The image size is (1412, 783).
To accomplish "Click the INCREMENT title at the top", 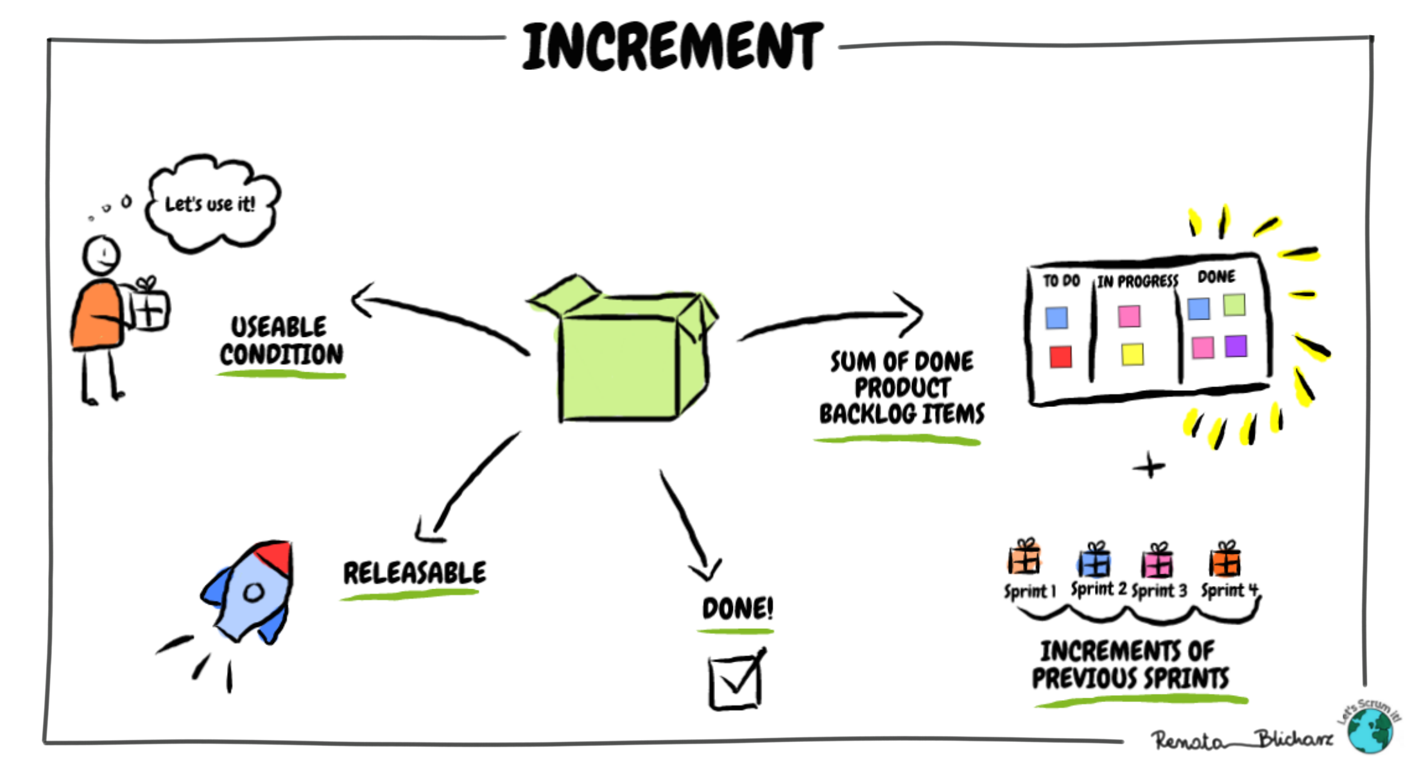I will click(672, 46).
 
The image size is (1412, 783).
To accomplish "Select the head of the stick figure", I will click(101, 255).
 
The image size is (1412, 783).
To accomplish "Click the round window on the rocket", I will click(253, 592).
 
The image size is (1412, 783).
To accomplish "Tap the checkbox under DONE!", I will click(736, 682).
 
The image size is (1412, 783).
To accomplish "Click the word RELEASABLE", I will click(415, 573).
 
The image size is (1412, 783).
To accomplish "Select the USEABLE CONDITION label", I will click(281, 341).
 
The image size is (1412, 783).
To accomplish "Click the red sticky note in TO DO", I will click(1060, 357).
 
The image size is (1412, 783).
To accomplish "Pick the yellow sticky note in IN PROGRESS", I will click(1132, 354).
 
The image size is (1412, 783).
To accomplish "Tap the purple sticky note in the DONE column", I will click(1235, 346).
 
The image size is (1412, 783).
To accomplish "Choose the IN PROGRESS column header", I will click(1137, 282).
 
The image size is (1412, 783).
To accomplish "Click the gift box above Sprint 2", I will click(1094, 560).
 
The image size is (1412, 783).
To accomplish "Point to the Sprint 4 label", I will click(1228, 590).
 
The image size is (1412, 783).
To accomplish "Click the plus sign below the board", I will click(1149, 466).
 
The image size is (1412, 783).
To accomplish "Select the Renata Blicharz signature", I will click(1242, 740).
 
